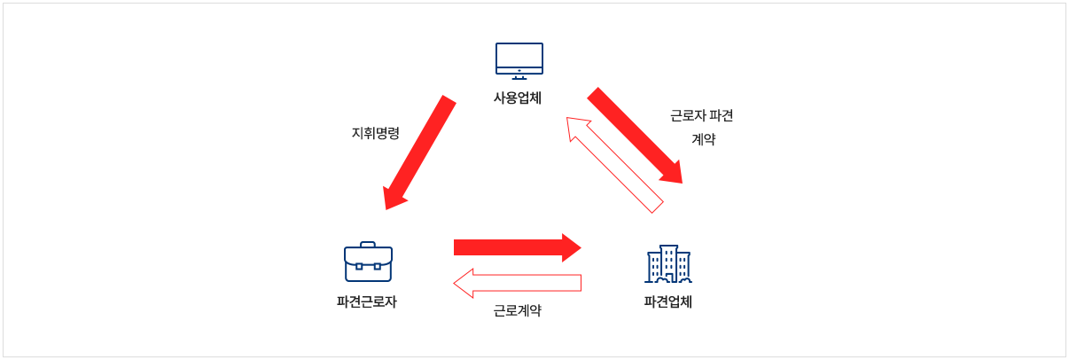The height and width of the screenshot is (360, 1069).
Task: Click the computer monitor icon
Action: pyautogui.click(x=519, y=59)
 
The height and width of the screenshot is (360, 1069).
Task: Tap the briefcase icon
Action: pyautogui.click(x=368, y=262)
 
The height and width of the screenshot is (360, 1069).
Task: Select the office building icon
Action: pyautogui.click(x=667, y=263)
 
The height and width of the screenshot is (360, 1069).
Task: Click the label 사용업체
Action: pyautogui.click(x=518, y=98)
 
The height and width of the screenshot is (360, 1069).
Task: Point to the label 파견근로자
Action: pyautogui.click(x=367, y=301)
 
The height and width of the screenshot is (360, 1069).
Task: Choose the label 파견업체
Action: pyautogui.click(x=667, y=301)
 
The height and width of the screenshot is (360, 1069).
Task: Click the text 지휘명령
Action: pyautogui.click(x=376, y=133)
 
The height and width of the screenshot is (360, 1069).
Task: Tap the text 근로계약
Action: pyautogui.click(x=518, y=310)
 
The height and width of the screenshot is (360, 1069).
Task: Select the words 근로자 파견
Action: pyautogui.click(x=702, y=116)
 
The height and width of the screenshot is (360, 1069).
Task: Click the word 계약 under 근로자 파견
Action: pyautogui.click(x=703, y=139)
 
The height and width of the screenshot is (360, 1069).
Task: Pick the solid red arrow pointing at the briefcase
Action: pyautogui.click(x=419, y=153)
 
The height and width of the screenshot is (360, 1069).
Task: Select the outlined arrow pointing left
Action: pyautogui.click(x=518, y=283)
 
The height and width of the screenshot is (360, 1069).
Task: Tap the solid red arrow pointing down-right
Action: pyautogui.click(x=634, y=135)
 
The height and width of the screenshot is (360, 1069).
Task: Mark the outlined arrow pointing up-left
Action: pyautogui.click(x=615, y=165)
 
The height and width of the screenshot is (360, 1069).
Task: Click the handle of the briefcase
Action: pyautogui.click(x=368, y=244)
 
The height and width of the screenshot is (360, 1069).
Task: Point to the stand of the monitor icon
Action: pyautogui.click(x=519, y=76)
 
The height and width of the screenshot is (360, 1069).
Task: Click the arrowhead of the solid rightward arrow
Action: pyautogui.click(x=570, y=247)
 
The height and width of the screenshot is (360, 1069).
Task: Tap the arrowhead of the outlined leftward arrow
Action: pyautogui.click(x=464, y=283)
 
